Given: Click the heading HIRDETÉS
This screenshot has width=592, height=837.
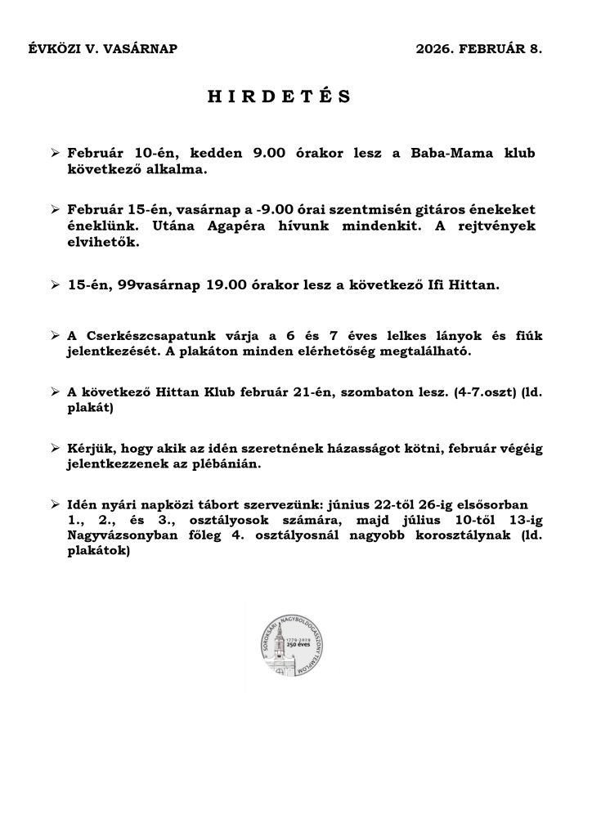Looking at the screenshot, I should pyautogui.click(x=279, y=96).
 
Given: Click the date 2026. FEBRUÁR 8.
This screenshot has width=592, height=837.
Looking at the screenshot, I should pyautogui.click(x=478, y=49).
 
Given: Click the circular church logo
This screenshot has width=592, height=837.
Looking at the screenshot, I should pyautogui.click(x=295, y=647).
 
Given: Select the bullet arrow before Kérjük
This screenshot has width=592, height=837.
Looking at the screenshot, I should pyautogui.click(x=55, y=448).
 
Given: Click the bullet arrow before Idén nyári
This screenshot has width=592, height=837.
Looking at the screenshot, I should pyautogui.click(x=55, y=504).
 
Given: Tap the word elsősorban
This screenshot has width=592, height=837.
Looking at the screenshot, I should pyautogui.click(x=490, y=504).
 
